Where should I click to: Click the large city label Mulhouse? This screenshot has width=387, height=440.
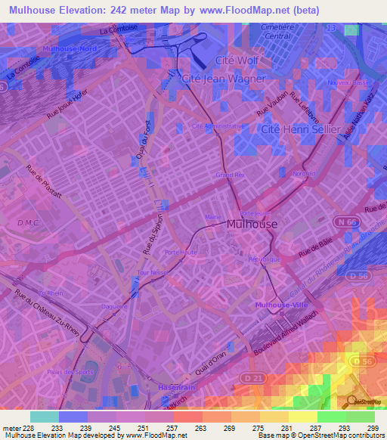click(x=252, y=225)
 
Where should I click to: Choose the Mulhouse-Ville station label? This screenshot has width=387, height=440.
click(x=280, y=305)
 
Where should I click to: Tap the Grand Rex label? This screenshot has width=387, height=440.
click(x=227, y=175)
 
